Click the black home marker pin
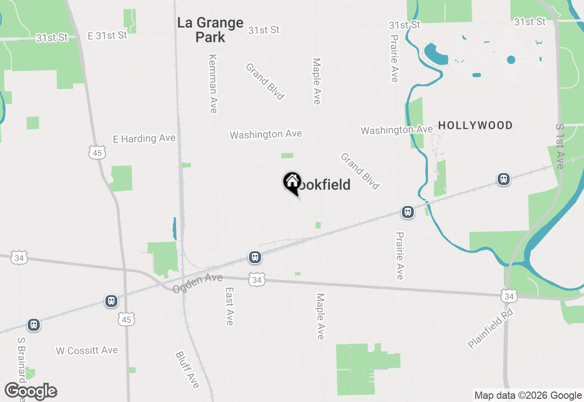[x=292, y=183]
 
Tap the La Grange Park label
[x=210, y=30]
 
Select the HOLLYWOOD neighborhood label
[x=475, y=125]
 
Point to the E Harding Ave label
[x=144, y=138]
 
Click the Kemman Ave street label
[x=213, y=84]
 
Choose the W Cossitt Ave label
[x=87, y=350]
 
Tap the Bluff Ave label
[x=188, y=370]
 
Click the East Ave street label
[x=229, y=306]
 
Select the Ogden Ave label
[x=198, y=283]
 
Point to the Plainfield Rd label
[x=490, y=329]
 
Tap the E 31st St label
[x=108, y=35]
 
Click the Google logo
[x=31, y=391]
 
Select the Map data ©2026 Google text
[x=528, y=396]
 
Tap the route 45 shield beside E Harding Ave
[x=98, y=153]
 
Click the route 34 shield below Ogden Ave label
[x=257, y=279]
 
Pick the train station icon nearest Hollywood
[x=503, y=179]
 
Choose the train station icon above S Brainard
[x=33, y=325]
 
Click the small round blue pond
[x=511, y=60]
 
